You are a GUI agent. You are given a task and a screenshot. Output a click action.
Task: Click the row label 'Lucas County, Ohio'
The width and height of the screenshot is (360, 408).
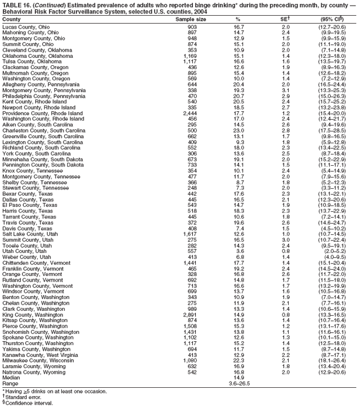[x=26, y=26]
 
